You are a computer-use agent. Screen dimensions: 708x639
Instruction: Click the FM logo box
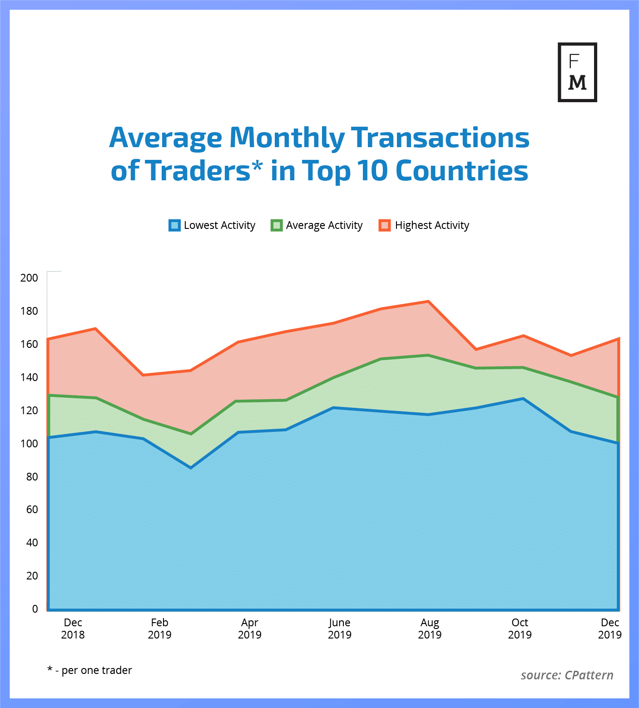[577, 72]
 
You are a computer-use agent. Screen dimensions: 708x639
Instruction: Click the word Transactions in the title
[440, 138]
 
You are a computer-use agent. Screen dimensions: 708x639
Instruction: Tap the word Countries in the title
[461, 171]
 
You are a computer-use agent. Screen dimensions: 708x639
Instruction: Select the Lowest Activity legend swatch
[174, 225]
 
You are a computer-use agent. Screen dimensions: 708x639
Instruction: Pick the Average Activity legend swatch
[277, 225]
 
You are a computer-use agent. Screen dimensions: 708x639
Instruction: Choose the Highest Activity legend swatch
[385, 225]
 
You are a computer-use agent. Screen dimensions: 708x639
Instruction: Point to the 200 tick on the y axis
[30, 278]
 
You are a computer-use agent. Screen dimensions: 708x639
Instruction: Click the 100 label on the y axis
[30, 444]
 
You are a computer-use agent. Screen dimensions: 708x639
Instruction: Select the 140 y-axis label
[30, 377]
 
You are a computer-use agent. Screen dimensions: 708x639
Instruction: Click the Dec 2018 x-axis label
[73, 629]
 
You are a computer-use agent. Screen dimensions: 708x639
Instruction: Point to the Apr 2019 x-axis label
[250, 629]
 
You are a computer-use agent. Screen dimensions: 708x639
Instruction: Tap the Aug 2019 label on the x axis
[430, 629]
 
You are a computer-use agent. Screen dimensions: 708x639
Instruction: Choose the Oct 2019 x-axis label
[520, 629]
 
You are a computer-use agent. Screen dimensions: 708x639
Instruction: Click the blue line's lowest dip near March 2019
[191, 467]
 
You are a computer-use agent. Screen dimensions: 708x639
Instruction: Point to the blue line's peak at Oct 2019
[523, 399]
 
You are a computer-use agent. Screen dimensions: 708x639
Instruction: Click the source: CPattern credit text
[567, 675]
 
